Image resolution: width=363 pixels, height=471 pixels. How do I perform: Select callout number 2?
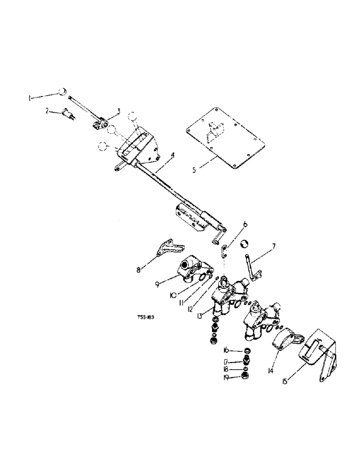(47, 111)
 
